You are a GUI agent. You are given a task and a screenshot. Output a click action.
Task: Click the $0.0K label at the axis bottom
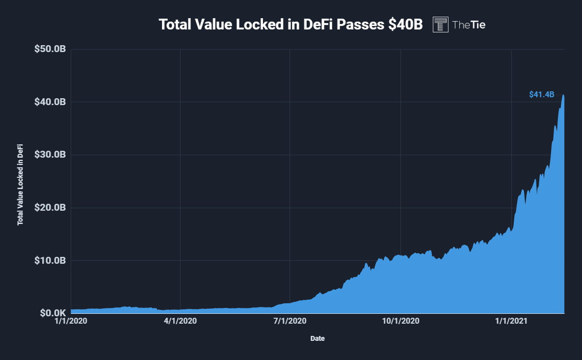click(x=51, y=313)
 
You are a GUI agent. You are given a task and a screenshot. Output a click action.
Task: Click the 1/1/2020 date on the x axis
click(x=71, y=322)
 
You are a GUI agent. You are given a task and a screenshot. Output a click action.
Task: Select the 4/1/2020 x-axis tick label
click(x=180, y=322)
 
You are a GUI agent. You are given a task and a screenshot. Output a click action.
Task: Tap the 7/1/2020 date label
click(x=290, y=322)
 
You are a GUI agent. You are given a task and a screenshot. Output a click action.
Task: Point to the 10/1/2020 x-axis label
click(x=401, y=322)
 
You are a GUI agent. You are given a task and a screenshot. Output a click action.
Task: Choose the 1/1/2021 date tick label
click(x=512, y=322)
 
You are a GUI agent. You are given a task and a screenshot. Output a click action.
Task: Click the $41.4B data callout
click(x=541, y=94)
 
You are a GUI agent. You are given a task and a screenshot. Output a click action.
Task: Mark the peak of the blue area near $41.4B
click(x=563, y=95)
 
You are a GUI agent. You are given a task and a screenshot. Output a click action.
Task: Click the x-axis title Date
click(x=317, y=338)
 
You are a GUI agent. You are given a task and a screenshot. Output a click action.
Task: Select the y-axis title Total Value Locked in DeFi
click(x=21, y=185)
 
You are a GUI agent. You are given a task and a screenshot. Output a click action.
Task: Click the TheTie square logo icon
click(x=441, y=25)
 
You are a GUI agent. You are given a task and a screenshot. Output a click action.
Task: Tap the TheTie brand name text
click(x=469, y=25)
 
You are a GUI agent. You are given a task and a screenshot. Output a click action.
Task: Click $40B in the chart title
click(x=405, y=25)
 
